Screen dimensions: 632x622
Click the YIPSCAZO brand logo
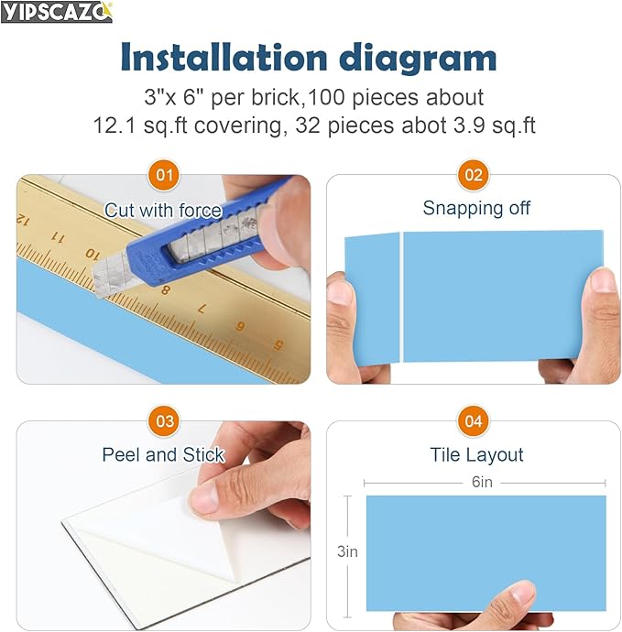pos(57,12)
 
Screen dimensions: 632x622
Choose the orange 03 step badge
pos(164,421)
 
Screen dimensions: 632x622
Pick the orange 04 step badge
pos(474,421)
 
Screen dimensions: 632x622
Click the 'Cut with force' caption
pos(163,211)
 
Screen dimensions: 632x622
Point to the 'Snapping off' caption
pos(476,208)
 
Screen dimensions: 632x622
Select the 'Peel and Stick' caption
pos(163,454)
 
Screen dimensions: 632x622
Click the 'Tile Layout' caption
pos(476,455)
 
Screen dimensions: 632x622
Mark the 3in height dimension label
pos(347,551)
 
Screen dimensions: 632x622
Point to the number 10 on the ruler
pos(92,252)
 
